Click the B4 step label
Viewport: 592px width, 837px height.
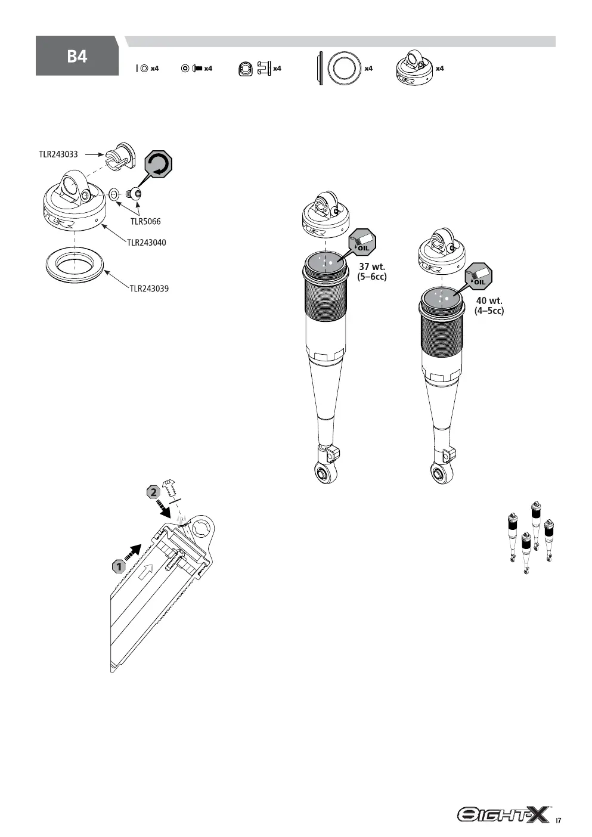click(x=77, y=57)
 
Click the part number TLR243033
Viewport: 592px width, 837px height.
click(x=58, y=154)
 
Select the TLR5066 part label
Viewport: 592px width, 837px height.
click(x=145, y=222)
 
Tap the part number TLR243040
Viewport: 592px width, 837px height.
click(x=147, y=243)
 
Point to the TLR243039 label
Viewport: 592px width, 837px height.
click(x=149, y=289)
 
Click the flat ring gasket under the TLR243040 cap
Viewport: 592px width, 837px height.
click(x=75, y=263)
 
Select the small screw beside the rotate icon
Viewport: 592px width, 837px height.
click(x=135, y=194)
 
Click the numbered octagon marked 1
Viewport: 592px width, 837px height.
click(x=119, y=567)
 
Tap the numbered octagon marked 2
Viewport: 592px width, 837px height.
click(x=153, y=492)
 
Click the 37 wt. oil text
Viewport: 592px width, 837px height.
click(x=372, y=272)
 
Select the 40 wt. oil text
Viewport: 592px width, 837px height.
click(x=489, y=306)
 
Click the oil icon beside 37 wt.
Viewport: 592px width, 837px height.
click(x=362, y=243)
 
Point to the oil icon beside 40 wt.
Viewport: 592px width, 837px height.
click(x=478, y=277)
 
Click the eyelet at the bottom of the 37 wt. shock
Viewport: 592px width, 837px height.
click(x=323, y=473)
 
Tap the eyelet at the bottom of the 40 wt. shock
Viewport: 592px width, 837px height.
click(x=439, y=474)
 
